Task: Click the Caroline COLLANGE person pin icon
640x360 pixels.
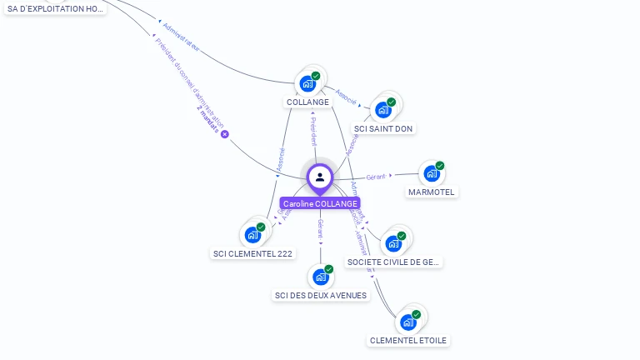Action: pos(320,177)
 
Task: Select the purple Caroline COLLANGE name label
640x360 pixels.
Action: pos(320,203)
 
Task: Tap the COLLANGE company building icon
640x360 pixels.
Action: pos(307,83)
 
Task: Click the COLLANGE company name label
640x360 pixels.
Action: pos(307,102)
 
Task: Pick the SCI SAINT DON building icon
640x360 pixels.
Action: pos(383,109)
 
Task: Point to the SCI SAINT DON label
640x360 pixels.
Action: pos(383,128)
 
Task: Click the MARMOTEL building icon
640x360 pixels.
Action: pos(431,173)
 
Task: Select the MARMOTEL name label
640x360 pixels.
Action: pos(432,192)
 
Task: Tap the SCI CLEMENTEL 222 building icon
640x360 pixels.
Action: pos(252,235)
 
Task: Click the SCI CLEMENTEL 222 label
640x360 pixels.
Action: pos(253,253)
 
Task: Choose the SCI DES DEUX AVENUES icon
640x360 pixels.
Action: pos(320,277)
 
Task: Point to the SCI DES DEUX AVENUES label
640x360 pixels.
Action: pos(320,295)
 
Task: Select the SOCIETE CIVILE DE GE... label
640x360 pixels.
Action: pos(393,262)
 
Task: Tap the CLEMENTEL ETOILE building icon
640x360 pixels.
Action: pos(407,322)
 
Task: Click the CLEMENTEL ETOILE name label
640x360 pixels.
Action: pos(408,340)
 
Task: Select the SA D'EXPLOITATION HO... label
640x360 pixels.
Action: pos(56,8)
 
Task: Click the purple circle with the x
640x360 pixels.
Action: pos(224,134)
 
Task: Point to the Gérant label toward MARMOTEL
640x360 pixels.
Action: pos(377,177)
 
